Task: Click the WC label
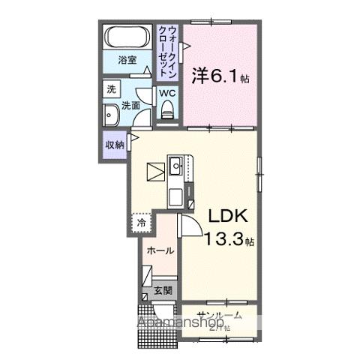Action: (166, 93)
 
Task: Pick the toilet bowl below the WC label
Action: (167, 110)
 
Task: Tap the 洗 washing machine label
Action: (110, 88)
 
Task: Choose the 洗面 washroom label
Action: (131, 106)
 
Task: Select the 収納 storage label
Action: (114, 145)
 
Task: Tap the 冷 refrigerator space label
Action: (139, 222)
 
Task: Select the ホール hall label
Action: (160, 250)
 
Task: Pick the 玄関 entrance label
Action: (163, 290)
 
